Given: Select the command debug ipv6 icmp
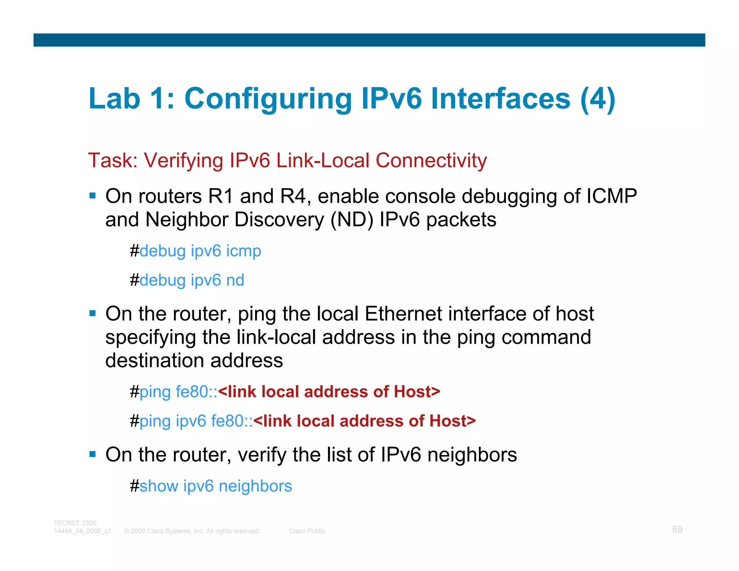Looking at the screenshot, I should (200, 251).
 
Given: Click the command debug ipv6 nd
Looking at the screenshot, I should (192, 280).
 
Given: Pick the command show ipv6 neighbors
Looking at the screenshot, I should (215, 486).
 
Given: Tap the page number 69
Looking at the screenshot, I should (677, 529).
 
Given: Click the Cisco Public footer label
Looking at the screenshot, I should (307, 531).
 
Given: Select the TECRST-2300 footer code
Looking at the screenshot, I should (75, 523).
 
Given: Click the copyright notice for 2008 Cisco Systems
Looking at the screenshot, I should (192, 531).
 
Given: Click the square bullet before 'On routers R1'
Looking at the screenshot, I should (93, 196).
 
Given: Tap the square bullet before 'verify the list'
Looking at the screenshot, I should (93, 454).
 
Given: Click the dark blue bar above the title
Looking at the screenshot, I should (369, 40).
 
